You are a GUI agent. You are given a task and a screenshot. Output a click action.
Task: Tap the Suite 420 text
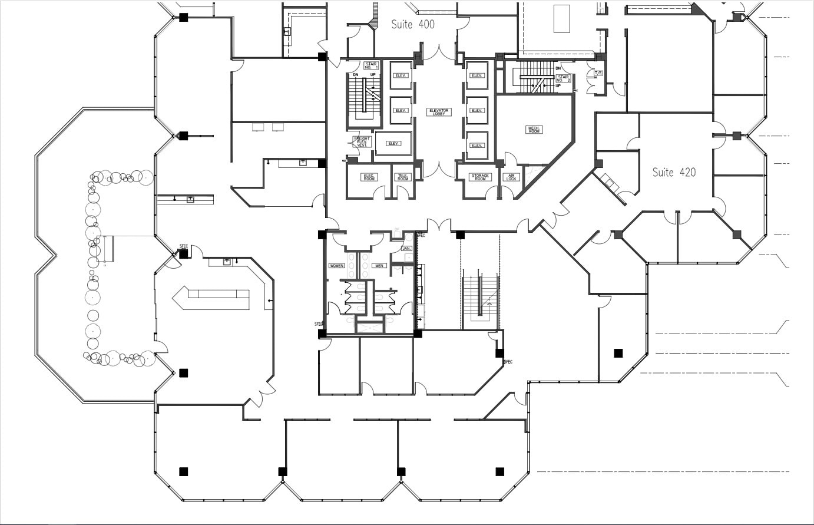click(674, 172)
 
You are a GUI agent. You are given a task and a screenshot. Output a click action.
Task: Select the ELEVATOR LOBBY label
click(439, 111)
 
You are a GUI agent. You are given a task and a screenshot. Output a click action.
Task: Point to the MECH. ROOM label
click(534, 129)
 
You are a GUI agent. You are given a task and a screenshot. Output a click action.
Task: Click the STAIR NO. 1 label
click(371, 65)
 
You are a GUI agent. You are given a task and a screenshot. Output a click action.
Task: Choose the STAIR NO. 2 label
click(564, 78)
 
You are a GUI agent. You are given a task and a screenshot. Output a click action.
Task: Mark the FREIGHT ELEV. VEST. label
click(362, 141)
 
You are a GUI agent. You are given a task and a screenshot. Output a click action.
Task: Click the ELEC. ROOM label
click(369, 177)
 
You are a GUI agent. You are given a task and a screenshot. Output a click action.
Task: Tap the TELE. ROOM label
click(403, 177)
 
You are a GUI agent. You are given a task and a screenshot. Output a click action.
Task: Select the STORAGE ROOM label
click(480, 177)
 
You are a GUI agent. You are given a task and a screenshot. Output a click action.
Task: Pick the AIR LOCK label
click(511, 177)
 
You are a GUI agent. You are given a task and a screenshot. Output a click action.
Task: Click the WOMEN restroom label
click(336, 266)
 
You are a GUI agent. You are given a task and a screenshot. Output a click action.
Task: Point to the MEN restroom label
click(379, 266)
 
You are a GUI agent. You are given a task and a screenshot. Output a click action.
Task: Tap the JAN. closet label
click(406, 248)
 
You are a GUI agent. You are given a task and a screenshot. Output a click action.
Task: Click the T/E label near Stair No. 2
click(598, 73)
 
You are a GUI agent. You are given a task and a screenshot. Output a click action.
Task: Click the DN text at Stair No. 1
click(355, 75)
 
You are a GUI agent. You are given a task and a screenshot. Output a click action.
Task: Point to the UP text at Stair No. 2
click(558, 86)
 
